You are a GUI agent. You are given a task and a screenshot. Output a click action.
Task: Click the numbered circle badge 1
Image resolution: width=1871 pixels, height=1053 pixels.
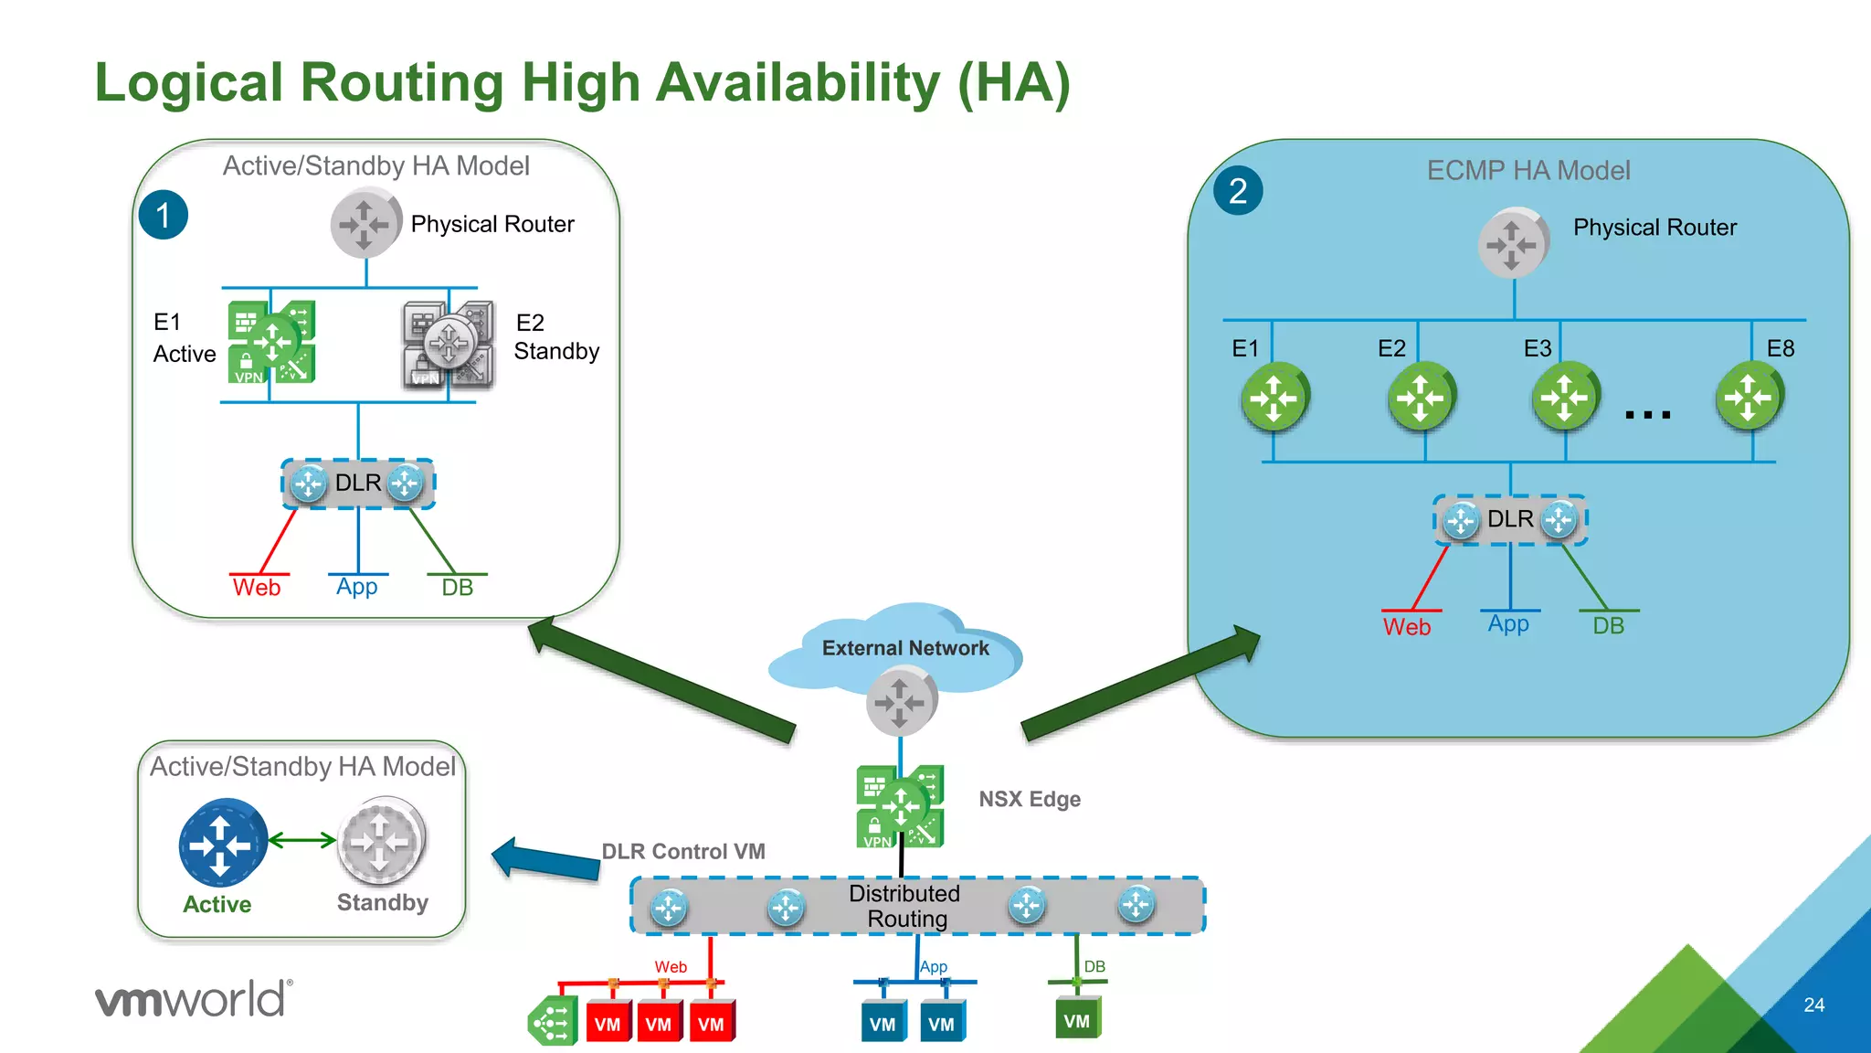(164, 216)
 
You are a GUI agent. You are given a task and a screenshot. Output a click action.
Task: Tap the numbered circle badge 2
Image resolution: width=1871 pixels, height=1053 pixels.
(1238, 191)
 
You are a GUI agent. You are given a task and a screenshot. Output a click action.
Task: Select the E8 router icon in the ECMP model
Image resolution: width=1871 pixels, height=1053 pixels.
(1749, 398)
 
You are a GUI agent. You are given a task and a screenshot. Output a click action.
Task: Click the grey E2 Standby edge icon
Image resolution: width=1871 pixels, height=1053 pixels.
(449, 345)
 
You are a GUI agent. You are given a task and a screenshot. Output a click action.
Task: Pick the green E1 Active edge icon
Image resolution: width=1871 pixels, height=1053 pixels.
(271, 342)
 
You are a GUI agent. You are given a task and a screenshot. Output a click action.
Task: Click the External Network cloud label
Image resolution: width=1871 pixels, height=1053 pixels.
(904, 648)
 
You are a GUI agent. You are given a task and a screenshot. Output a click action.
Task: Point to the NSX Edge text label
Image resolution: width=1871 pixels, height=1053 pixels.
(1030, 799)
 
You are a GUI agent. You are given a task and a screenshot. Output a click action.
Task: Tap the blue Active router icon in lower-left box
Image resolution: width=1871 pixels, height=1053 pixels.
(222, 843)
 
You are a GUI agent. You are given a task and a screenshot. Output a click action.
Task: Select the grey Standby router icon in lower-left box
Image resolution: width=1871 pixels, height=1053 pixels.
(381, 840)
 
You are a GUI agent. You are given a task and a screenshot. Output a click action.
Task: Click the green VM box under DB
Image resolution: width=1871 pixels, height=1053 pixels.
(1077, 1020)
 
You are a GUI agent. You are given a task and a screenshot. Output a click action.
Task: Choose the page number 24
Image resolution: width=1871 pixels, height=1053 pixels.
(1813, 1005)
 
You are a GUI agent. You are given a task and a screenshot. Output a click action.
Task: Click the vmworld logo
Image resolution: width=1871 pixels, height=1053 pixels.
(194, 999)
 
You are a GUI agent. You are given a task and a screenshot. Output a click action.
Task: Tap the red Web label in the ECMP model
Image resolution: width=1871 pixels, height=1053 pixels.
(1406, 627)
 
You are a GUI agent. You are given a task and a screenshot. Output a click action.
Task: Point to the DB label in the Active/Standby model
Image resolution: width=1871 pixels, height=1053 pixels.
(457, 588)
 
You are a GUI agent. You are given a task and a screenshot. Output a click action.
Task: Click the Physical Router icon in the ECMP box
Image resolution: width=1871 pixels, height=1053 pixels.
(1512, 244)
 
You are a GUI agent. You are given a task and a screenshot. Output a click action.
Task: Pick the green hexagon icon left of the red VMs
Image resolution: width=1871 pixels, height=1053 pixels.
(552, 1022)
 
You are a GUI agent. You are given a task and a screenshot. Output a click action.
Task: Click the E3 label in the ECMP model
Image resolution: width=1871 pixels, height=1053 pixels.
(1538, 348)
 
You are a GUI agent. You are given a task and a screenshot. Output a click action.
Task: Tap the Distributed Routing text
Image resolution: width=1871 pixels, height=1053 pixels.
(904, 906)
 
